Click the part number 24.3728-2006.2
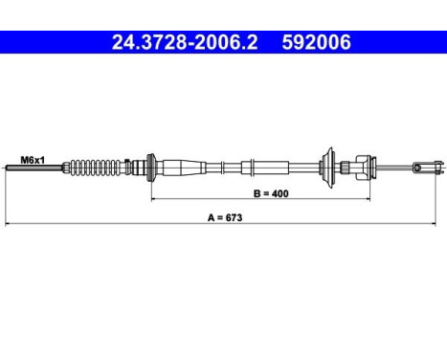tap(185, 42)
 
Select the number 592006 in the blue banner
tap(316, 42)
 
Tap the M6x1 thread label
tap(33, 160)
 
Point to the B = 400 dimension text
tap(271, 193)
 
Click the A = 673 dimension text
tap(225, 217)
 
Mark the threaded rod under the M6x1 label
tap(34, 168)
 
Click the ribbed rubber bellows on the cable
tap(97, 167)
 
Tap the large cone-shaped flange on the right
tap(328, 168)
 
